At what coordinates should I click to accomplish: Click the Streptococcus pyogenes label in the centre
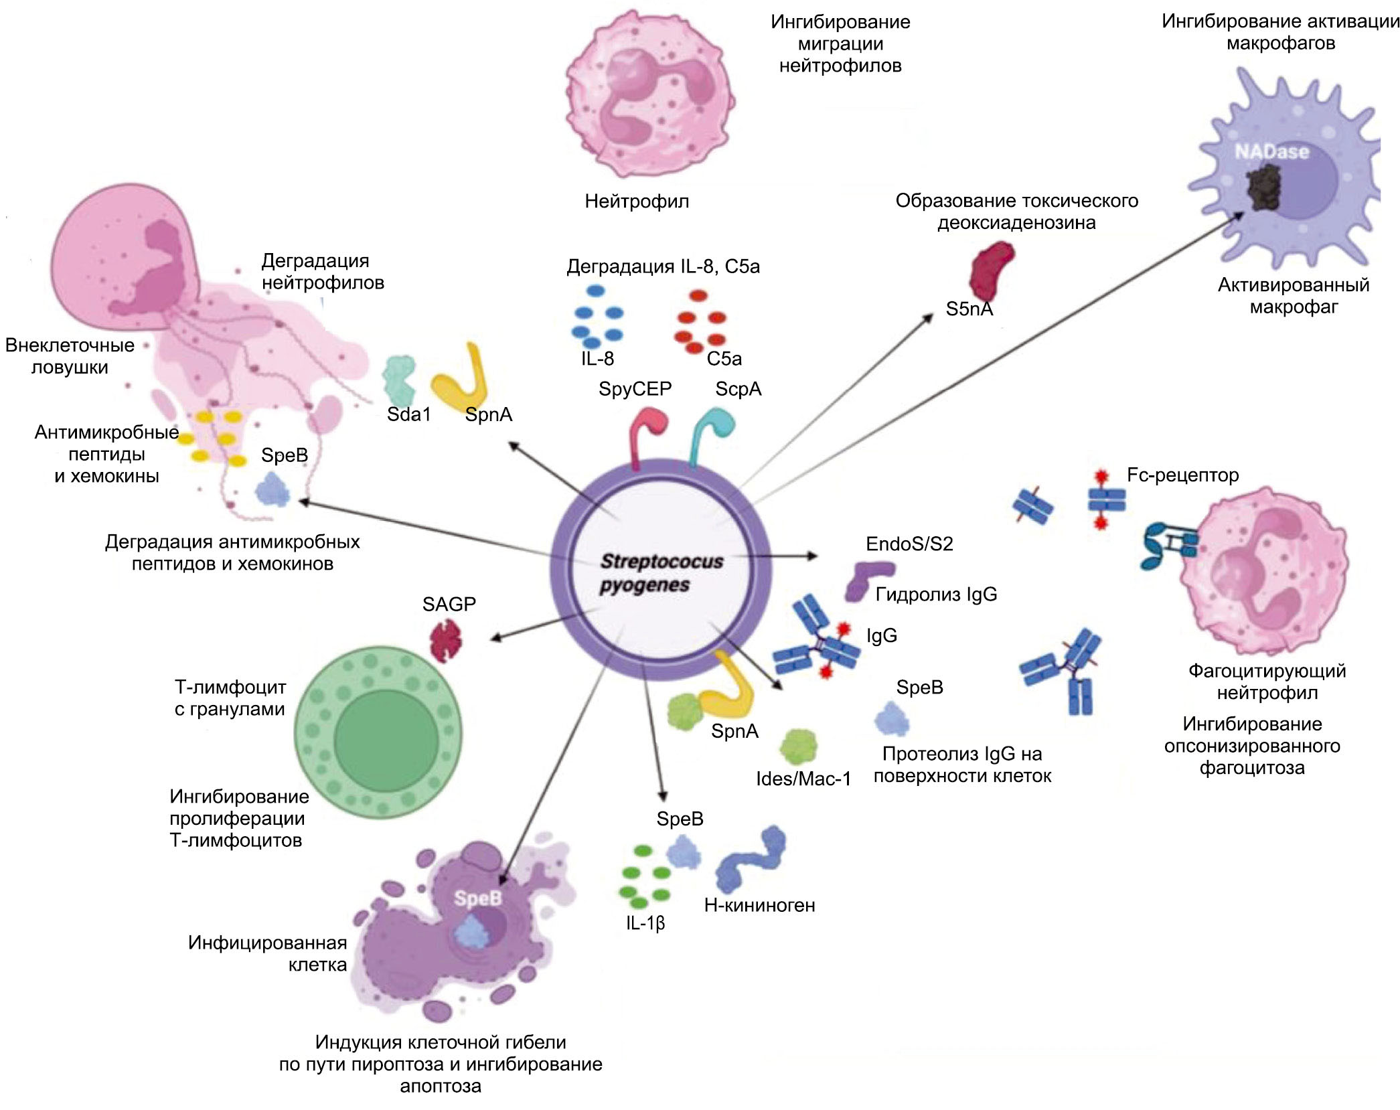click(x=661, y=572)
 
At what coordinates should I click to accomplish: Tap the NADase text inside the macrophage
click(x=1271, y=152)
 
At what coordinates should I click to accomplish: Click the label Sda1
click(x=408, y=414)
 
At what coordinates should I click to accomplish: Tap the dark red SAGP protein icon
click(x=446, y=639)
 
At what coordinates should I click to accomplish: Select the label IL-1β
click(x=645, y=923)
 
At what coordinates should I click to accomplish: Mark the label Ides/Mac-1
click(x=803, y=779)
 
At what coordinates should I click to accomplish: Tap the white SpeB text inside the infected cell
click(x=477, y=898)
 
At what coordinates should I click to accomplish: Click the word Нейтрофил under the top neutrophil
click(x=637, y=201)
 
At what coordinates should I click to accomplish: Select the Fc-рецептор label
click(x=1182, y=475)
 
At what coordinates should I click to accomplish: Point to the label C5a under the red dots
click(x=724, y=359)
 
